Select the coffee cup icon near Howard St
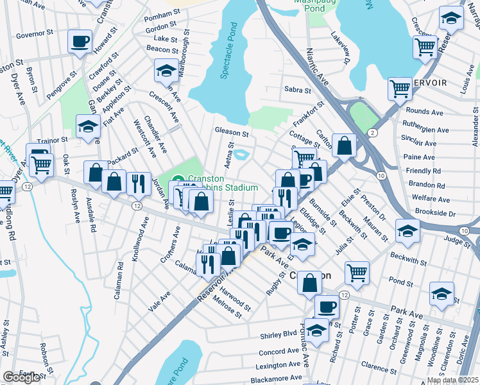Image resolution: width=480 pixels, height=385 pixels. (80, 42)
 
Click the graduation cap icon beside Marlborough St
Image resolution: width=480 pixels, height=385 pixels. (166, 71)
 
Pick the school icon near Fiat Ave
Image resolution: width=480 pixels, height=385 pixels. (88, 126)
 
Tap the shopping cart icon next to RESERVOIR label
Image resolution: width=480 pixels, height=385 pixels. (400, 88)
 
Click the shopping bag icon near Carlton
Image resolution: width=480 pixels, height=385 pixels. (344, 146)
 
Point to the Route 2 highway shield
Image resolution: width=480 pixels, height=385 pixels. (373, 132)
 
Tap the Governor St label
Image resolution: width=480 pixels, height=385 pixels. (33, 35)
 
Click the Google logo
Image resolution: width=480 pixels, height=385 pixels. (21, 377)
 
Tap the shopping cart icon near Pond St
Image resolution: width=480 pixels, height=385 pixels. (357, 272)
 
